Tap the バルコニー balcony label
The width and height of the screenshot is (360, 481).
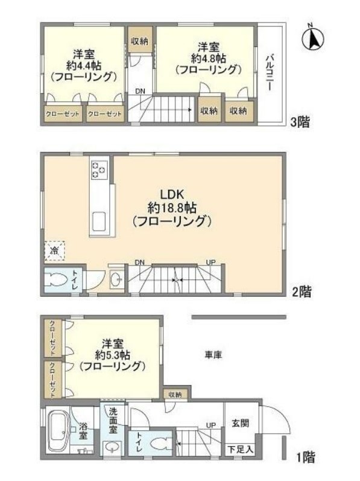pos(270,72)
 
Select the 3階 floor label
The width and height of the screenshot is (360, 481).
pos(300,123)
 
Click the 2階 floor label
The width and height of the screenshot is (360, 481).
pos(302,291)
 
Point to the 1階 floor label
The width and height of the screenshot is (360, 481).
pos(306,457)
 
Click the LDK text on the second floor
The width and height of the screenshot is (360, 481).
pos(172,194)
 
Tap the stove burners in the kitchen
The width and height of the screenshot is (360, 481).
pos(99,170)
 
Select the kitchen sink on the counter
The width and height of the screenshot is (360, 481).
pos(99,221)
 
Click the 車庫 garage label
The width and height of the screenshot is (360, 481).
pos(213,355)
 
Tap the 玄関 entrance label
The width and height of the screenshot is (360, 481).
pos(241,423)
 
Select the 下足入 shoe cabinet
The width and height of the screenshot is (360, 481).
pos(240,450)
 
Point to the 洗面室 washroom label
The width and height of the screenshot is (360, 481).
pos(113,420)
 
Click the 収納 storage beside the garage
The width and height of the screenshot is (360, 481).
pos(175,394)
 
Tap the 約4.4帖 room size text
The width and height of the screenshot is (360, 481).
pos(84,65)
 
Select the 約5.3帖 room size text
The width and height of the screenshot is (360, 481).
pos(112,355)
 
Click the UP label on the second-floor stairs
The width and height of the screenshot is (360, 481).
pos(211,263)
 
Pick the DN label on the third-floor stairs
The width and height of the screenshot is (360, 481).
pos(141,91)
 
